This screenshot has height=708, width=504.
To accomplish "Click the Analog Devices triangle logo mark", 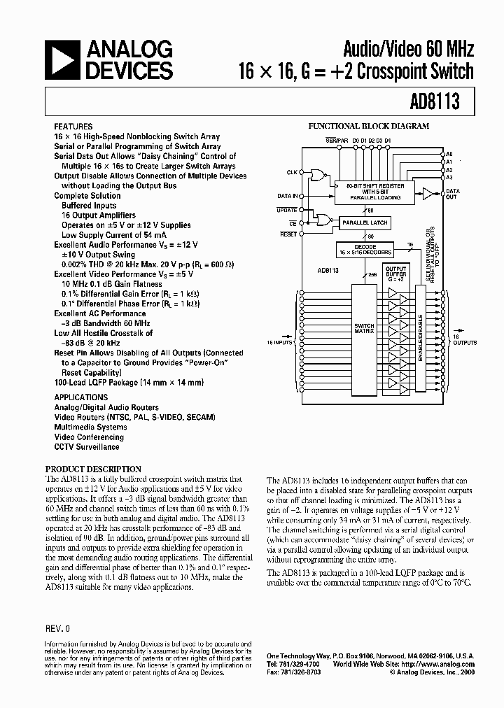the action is pos(63,59).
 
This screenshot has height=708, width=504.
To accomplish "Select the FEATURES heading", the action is pos(73,127).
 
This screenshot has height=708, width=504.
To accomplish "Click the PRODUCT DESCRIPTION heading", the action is pos(93,469).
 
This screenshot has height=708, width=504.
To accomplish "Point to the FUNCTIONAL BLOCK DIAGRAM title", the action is pos(369,127).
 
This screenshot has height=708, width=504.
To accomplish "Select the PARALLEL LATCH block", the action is pos(364,222).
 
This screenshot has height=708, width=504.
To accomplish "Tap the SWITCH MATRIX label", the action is pos(365,329).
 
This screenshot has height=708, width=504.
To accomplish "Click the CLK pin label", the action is pos(292,171).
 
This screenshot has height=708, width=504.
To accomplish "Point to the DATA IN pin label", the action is pos(288,197).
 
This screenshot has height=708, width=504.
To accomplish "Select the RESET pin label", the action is pos(288,234).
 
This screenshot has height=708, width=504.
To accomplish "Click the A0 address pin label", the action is pos(450,154).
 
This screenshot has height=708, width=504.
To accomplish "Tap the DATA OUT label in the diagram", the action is pos(453,194).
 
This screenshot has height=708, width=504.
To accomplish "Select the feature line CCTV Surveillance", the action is pos(87,446).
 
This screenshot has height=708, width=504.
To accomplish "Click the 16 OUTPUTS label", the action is pos(465,339).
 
